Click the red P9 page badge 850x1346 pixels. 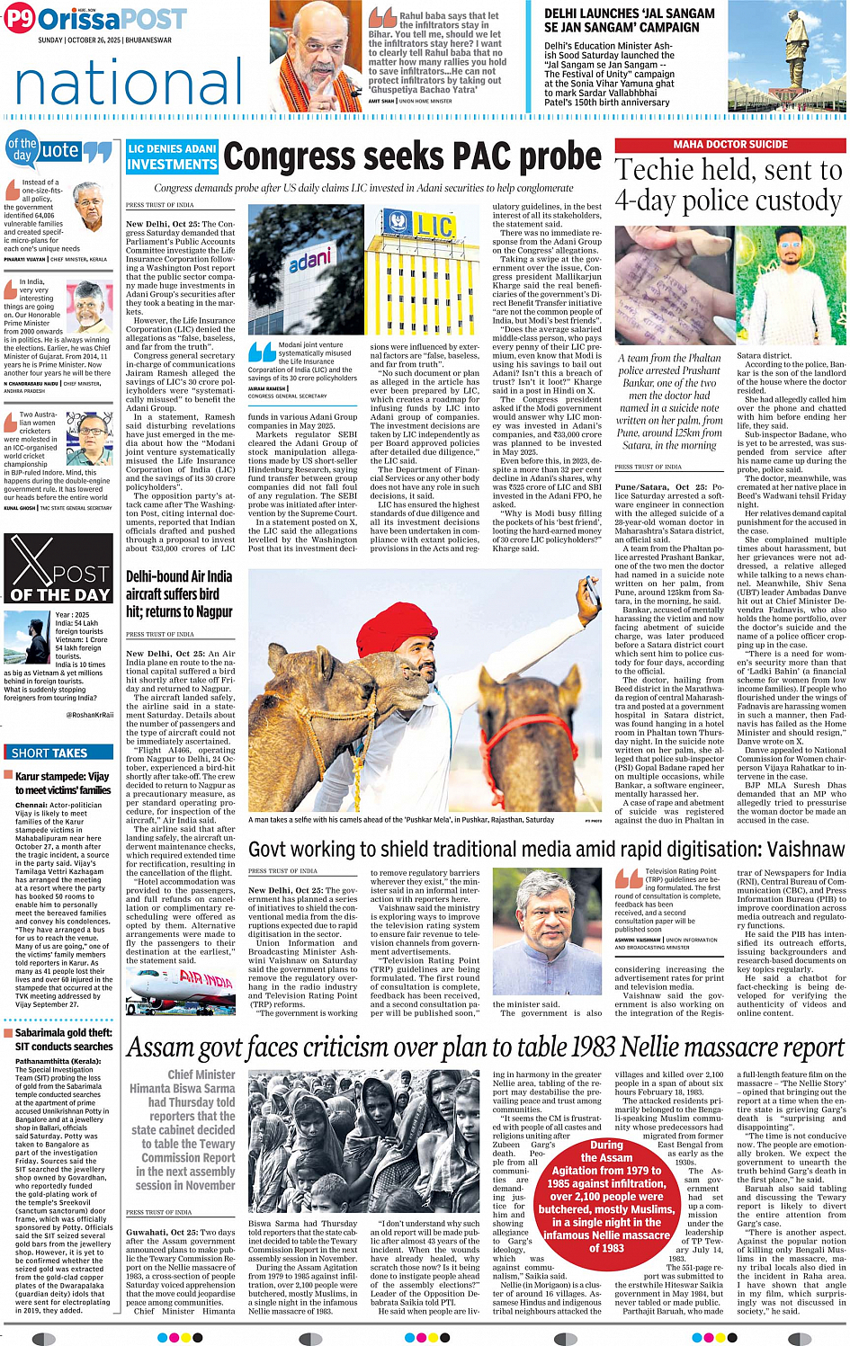[20, 18]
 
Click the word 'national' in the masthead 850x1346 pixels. [128, 84]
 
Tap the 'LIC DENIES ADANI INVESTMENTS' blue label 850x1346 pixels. [172, 156]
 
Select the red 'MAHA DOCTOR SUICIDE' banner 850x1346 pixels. [729, 144]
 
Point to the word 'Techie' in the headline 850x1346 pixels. [658, 170]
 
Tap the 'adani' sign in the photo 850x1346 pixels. [309, 262]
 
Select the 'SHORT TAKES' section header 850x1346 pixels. [49, 753]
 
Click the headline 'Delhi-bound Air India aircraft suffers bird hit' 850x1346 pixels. [179, 593]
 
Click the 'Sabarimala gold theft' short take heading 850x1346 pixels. [63, 1039]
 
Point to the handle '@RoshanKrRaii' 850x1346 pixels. [90, 715]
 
